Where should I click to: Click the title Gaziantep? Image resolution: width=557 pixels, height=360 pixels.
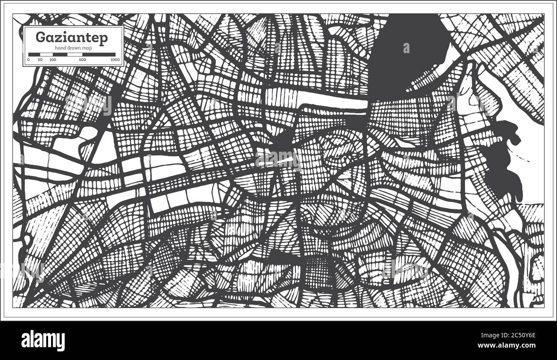click(x=72, y=38)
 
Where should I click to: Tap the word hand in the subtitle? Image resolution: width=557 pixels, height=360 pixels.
click(x=58, y=48)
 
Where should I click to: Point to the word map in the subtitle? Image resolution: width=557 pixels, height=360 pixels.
click(x=88, y=48)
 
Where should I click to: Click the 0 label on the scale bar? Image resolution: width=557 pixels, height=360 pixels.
click(x=28, y=60)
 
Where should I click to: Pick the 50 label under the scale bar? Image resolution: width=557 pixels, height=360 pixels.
click(x=40, y=60)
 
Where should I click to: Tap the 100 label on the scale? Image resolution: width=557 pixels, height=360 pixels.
click(x=53, y=60)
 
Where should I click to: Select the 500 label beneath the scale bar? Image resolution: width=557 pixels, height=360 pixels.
click(x=82, y=60)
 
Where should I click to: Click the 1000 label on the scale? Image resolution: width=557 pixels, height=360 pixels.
click(x=114, y=60)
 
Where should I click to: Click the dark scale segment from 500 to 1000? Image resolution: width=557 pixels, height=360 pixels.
click(x=99, y=54)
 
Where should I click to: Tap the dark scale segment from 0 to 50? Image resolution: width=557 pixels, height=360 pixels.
click(x=34, y=54)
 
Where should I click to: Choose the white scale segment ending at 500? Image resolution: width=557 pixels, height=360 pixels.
click(x=67, y=54)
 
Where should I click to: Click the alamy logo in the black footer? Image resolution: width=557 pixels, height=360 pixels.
click(x=43, y=340)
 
